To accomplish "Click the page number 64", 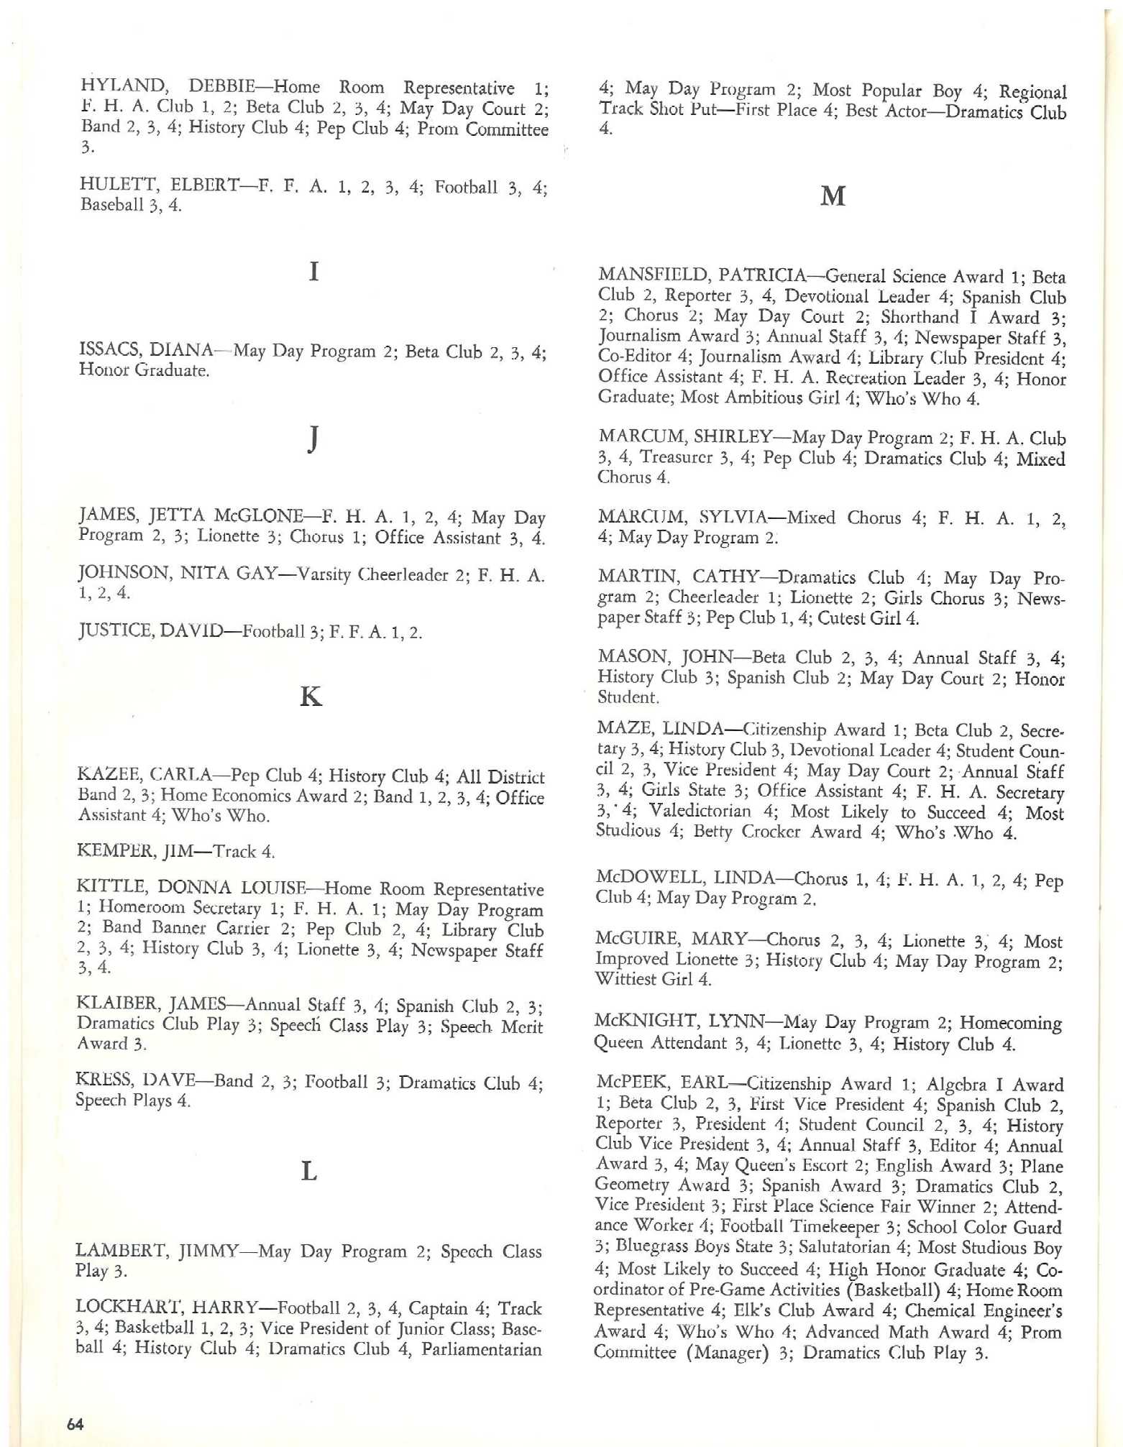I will click(75, 1423).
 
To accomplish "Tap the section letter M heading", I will click(833, 196).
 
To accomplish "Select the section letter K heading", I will click(311, 696).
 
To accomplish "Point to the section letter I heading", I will click(313, 272).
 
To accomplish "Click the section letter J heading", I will click(313, 439).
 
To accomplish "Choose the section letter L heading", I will click(308, 1172).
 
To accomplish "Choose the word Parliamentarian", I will click(481, 1349).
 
